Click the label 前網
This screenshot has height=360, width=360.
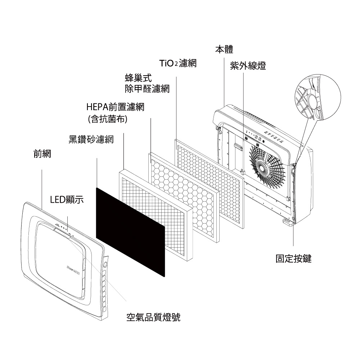[42, 154]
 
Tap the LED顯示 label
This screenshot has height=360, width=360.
[67, 199]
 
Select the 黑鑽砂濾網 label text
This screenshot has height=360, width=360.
[91, 139]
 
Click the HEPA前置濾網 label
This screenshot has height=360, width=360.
[116, 107]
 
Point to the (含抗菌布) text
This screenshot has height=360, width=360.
[108, 119]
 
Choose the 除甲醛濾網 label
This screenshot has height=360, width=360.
[147, 89]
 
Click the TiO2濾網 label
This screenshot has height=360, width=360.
[178, 63]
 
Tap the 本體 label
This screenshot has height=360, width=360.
[224, 49]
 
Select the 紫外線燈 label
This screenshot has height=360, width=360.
[248, 66]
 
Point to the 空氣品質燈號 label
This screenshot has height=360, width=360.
[153, 317]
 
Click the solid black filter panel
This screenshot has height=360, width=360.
[130, 232]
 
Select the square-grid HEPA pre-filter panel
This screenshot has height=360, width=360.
[156, 215]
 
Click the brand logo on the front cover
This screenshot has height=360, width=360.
[73, 268]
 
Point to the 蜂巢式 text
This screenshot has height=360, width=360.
[138, 78]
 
